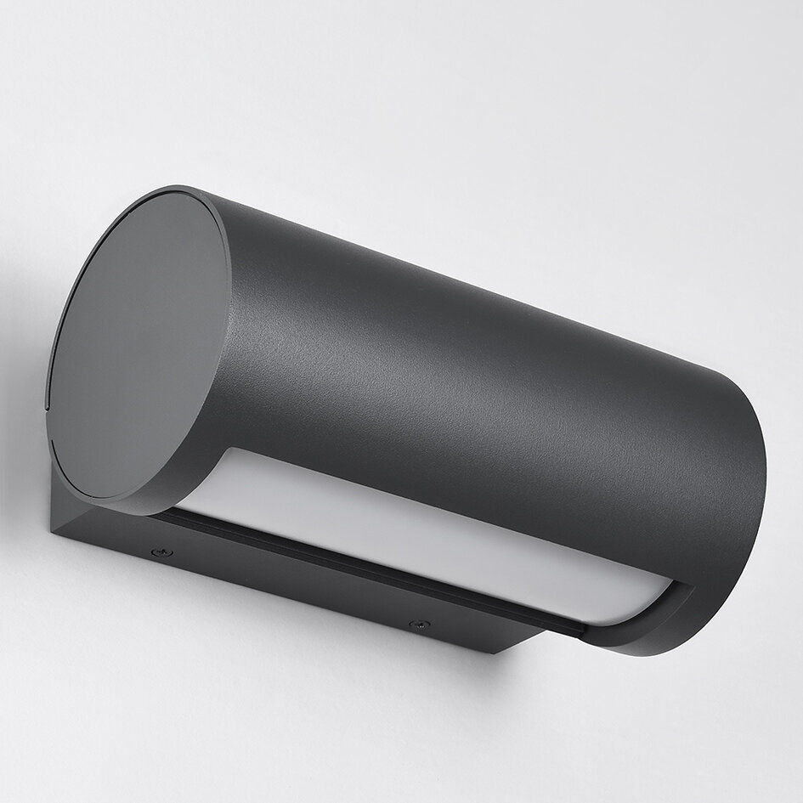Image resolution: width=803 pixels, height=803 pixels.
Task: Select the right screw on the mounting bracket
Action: [416, 625]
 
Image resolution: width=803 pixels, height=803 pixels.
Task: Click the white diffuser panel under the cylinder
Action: [408, 535]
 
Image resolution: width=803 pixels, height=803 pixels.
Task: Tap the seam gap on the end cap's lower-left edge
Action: [53, 442]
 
